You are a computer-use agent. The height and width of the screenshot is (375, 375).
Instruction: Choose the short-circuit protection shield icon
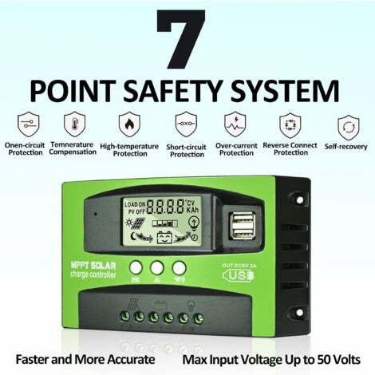click(x=187, y=124)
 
